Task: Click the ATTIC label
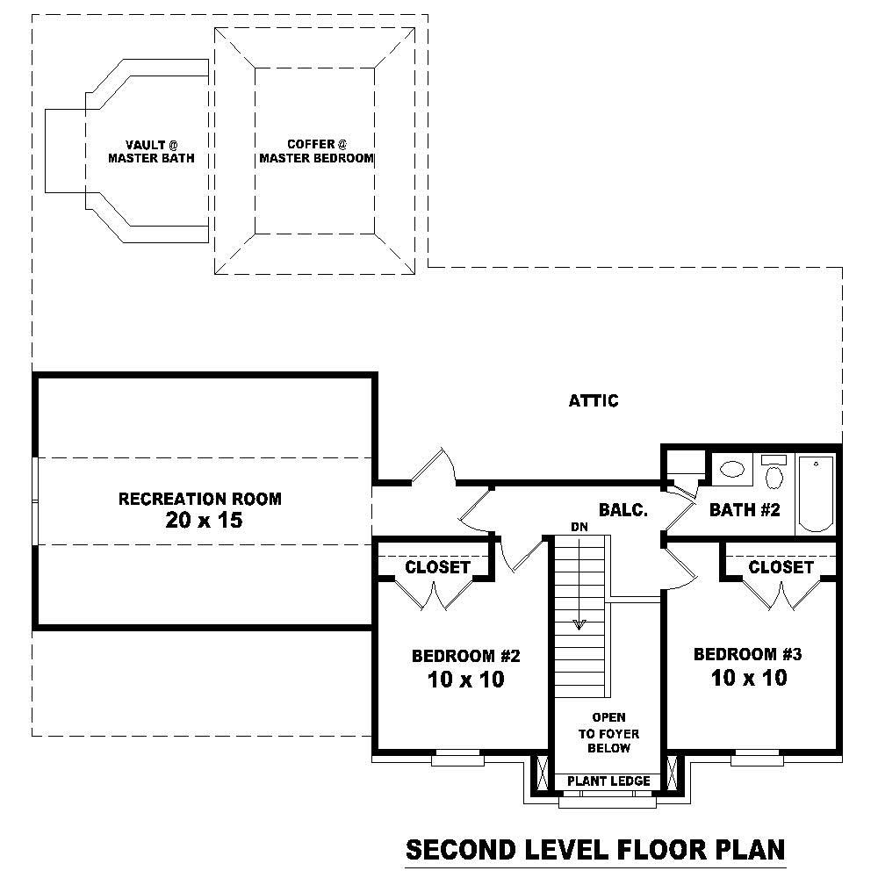coord(594,401)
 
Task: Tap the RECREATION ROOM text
coord(200,499)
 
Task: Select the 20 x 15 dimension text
coord(203,520)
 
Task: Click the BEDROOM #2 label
coord(466,656)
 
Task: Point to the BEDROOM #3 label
coord(748,654)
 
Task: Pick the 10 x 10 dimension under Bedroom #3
coord(749,677)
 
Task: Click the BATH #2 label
coord(745,510)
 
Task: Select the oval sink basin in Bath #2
coord(730,470)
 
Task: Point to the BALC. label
coord(623,510)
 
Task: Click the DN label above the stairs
coord(579,527)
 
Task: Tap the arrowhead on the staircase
coord(579,624)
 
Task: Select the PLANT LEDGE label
coord(608,781)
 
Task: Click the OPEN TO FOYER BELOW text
coord(608,733)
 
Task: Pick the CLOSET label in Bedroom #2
coord(437,567)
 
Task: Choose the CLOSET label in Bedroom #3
coord(781,567)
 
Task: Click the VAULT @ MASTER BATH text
coord(151,152)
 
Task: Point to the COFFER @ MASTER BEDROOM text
coord(316,151)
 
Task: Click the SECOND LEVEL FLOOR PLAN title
coord(594,850)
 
